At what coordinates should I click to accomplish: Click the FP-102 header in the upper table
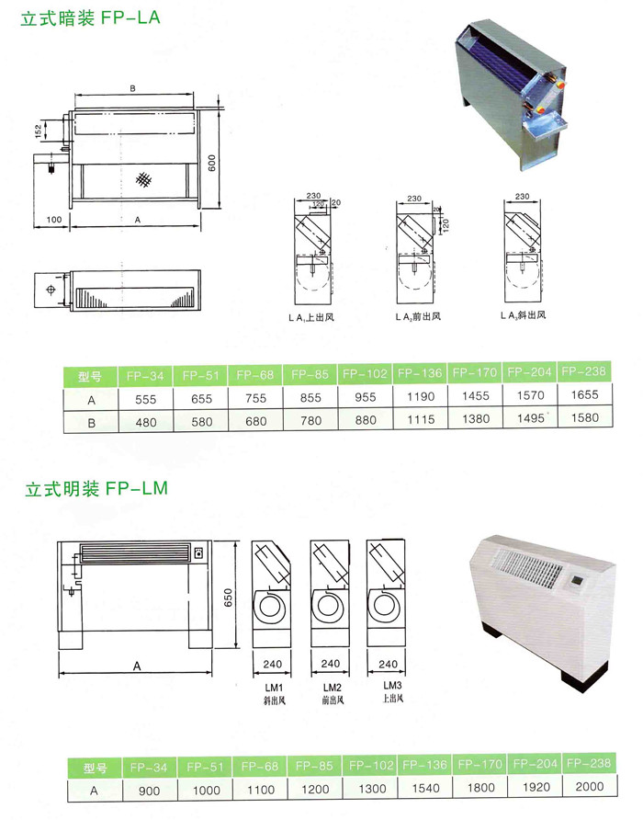coord(365,373)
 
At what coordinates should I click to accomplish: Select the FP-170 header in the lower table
coord(479,765)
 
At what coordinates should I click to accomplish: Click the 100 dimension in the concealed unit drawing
coord(52,220)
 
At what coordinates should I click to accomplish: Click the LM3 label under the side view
coord(387,686)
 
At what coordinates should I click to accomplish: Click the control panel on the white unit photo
coord(579,582)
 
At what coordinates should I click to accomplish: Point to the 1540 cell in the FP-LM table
coord(423,788)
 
